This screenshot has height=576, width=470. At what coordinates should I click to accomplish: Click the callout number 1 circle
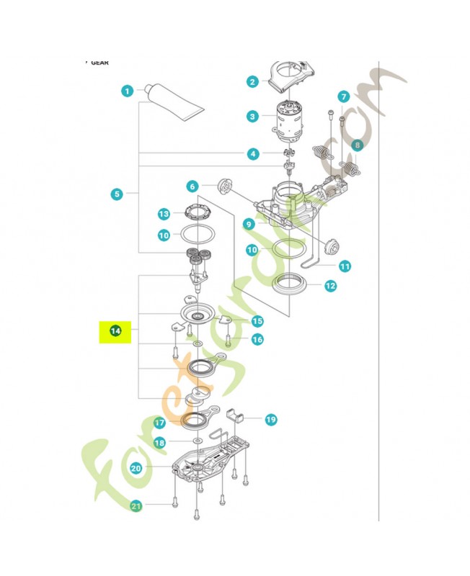pyautogui.click(x=127, y=91)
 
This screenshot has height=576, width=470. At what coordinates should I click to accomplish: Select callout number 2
pyautogui.click(x=252, y=81)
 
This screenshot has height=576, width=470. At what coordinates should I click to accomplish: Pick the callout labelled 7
pyautogui.click(x=343, y=96)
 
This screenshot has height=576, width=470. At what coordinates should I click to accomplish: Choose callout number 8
pyautogui.click(x=355, y=145)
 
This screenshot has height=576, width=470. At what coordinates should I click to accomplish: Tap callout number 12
pyautogui.click(x=330, y=286)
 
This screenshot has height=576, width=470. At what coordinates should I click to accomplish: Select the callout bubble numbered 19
pyautogui.click(x=270, y=419)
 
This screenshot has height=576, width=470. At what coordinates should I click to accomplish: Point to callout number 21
pyautogui.click(x=136, y=506)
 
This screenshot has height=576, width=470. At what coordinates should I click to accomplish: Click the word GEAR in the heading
pyautogui.click(x=100, y=63)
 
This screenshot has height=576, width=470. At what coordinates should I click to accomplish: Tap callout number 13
pyautogui.click(x=164, y=214)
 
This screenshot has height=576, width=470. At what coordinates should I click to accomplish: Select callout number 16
pyautogui.click(x=257, y=339)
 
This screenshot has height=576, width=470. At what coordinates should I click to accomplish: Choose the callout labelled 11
pyautogui.click(x=345, y=266)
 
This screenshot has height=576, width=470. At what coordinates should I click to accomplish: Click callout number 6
pyautogui.click(x=192, y=186)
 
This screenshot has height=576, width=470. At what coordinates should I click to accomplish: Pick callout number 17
pyautogui.click(x=159, y=423)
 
